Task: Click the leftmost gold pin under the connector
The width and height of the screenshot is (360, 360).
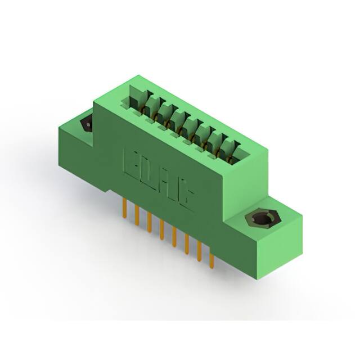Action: point(124,208)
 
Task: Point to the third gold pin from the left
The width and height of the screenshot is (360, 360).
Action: point(149,222)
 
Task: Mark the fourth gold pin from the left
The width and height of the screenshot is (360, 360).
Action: point(161,229)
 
